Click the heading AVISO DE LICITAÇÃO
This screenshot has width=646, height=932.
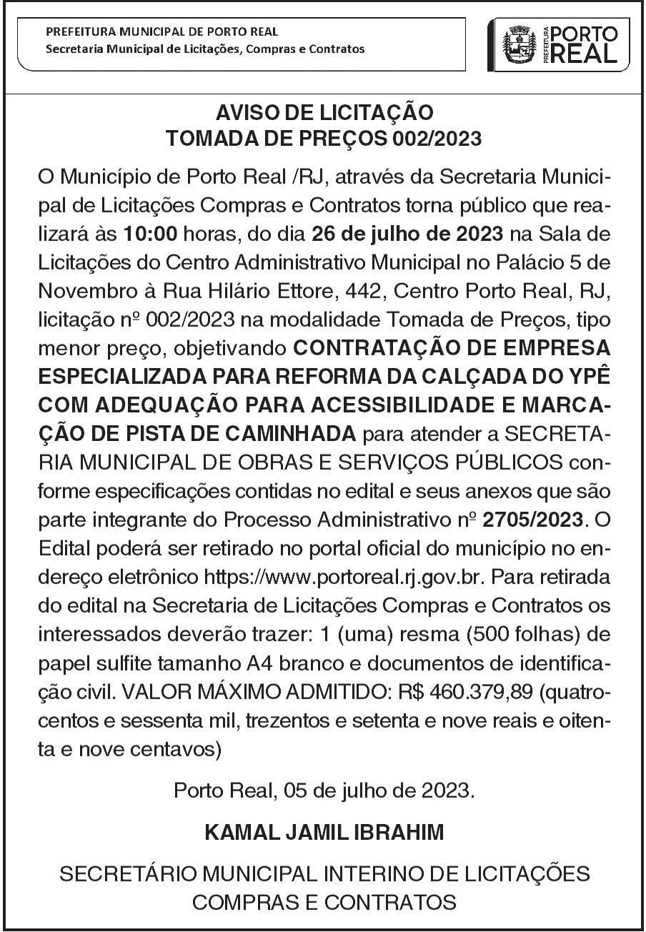(323, 114)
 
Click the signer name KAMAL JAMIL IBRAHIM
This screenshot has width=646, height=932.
(323, 833)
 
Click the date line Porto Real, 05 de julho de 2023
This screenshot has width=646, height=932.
(323, 790)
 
